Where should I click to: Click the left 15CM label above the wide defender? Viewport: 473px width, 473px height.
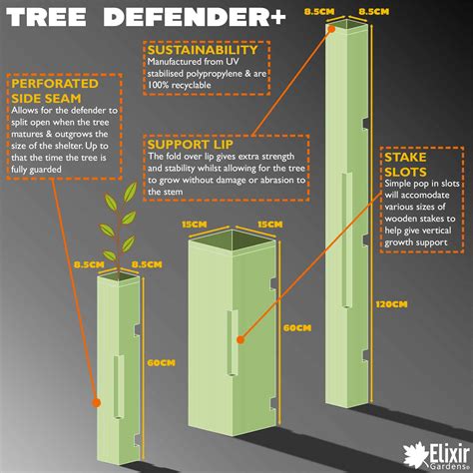pos(196,224)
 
